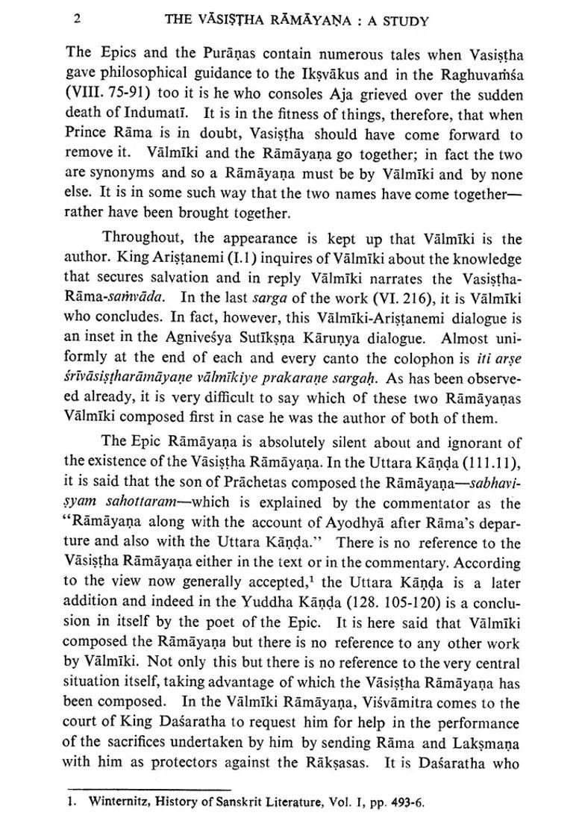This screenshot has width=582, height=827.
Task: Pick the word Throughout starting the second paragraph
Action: point(145,238)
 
